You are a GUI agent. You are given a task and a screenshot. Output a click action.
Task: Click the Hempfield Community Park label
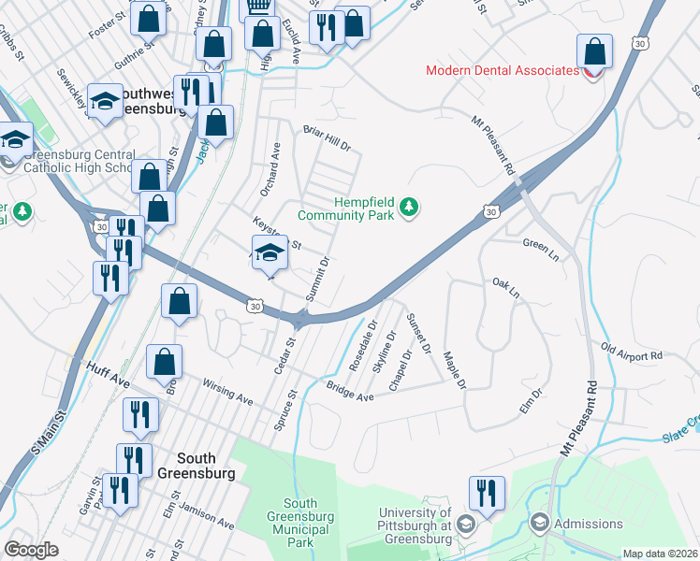click(345, 208)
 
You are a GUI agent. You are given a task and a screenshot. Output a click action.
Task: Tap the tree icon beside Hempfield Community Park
click(408, 207)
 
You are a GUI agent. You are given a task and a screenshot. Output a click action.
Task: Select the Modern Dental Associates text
click(502, 70)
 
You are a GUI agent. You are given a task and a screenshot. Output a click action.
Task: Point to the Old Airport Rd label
click(632, 355)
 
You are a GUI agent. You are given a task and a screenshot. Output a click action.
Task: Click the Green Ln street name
click(539, 244)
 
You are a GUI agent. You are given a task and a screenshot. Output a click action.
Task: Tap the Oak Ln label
click(505, 287)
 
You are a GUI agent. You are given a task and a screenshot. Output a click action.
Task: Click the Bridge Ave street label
click(350, 391)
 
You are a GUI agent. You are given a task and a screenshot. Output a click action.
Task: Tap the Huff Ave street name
click(109, 370)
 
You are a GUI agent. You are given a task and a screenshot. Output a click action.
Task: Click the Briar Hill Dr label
click(326, 139)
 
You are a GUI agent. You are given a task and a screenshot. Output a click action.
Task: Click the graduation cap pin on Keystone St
click(269, 251)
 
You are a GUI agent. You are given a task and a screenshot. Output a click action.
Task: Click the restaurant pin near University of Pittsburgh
click(487, 493)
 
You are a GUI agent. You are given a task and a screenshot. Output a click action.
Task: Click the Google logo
click(31, 550)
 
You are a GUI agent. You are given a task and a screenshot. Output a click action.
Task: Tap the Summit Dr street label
click(318, 279)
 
